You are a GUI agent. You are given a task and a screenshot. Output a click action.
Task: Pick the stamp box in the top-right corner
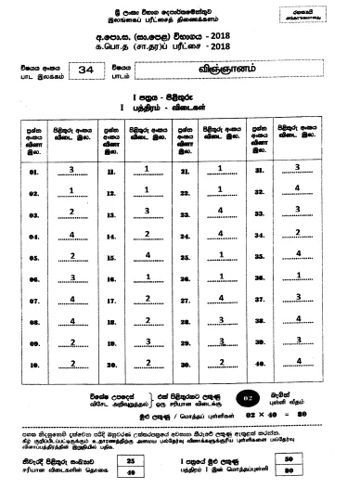click(x=326, y=14)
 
